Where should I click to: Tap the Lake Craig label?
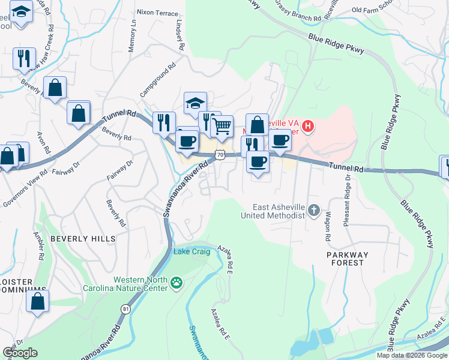coord(192,251)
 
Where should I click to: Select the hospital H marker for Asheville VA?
coord(308,126)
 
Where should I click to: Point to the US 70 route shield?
coord(220,155)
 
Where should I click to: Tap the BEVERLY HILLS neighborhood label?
coord(83,239)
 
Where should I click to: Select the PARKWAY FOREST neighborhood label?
coord(347,259)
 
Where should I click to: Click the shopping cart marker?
coord(222,126)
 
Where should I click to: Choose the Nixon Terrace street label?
coord(157,13)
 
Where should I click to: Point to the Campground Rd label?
coord(157,81)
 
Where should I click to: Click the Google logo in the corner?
coord(20,353)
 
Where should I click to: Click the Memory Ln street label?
coord(133,40)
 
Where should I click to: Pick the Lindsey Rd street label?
coord(179,38)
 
